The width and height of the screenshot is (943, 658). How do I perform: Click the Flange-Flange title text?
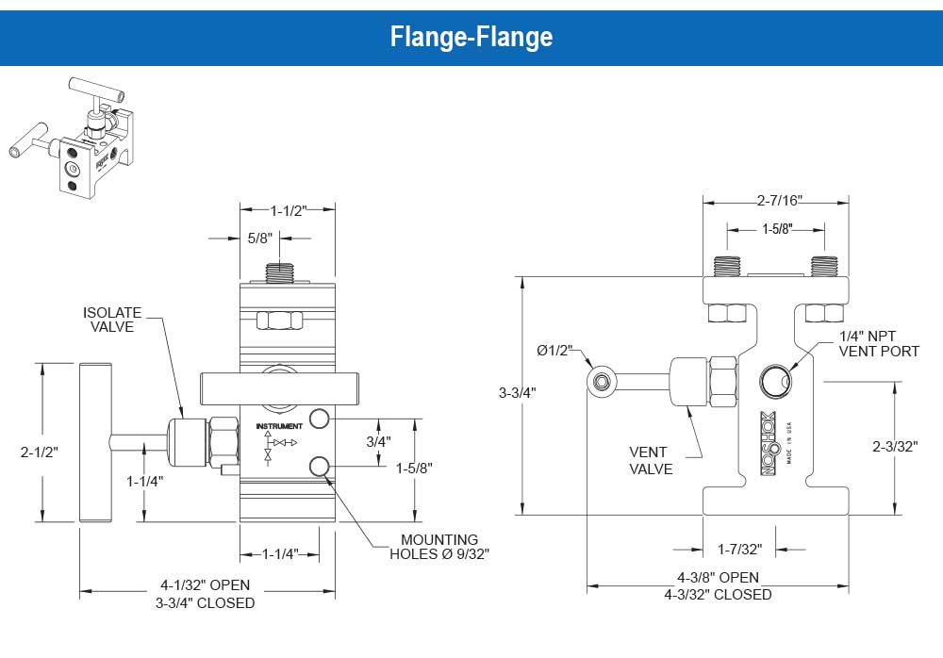point(471,37)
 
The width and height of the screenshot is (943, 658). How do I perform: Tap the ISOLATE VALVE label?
point(112,320)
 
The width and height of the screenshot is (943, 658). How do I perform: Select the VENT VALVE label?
point(651,460)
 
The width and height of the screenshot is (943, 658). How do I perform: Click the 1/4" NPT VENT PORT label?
point(879,343)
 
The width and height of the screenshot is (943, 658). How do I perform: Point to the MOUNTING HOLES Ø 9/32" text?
point(440,547)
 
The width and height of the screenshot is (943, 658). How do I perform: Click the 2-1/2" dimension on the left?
point(40,452)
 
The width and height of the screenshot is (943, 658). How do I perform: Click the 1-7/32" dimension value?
point(740,549)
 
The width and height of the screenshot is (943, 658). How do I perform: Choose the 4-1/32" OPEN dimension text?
point(206,585)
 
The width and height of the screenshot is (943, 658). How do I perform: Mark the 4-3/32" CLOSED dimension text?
point(718,594)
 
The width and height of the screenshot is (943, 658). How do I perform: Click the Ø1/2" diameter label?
point(556,351)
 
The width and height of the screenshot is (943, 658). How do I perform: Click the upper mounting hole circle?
point(320,419)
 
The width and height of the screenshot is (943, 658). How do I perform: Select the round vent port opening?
point(773,381)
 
